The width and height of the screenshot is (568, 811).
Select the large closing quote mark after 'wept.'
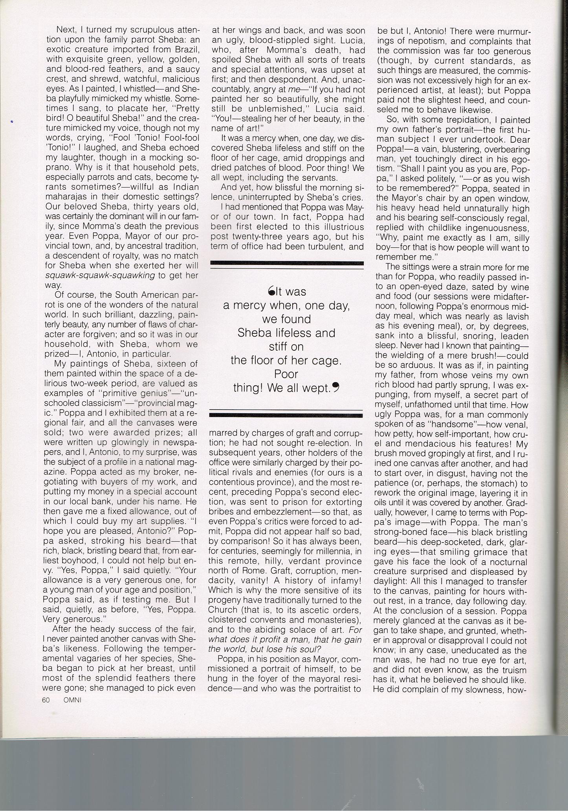(335, 388)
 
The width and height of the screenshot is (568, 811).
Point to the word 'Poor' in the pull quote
(286, 374)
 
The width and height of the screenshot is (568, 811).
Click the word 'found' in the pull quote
(295, 319)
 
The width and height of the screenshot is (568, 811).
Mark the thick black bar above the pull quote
(286, 263)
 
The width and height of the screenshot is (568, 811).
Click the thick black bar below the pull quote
(286, 414)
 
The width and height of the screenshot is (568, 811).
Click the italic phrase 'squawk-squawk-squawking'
(100, 275)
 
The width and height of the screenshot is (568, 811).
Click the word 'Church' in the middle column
(223, 611)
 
